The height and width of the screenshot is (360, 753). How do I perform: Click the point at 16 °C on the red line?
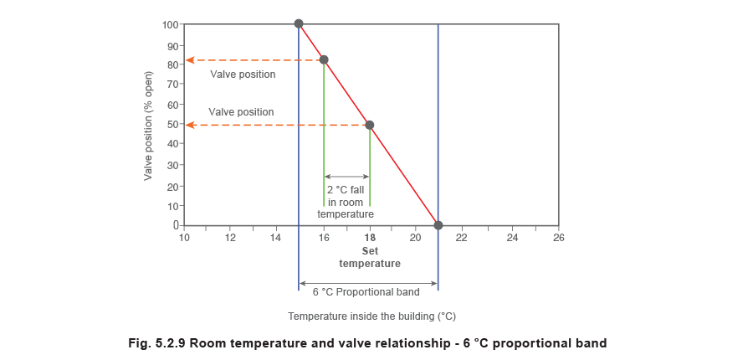(325, 60)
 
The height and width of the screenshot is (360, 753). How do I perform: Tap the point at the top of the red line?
(299, 23)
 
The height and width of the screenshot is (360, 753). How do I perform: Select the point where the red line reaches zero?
(437, 224)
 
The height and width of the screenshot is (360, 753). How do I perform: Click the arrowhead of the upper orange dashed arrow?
(190, 60)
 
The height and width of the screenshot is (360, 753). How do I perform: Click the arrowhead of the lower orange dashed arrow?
(190, 125)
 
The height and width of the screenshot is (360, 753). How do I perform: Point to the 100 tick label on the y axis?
(172, 25)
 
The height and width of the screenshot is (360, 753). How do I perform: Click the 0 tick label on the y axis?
(177, 225)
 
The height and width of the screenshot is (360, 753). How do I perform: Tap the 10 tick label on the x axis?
(185, 237)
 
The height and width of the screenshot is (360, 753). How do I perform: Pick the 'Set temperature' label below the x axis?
(370, 257)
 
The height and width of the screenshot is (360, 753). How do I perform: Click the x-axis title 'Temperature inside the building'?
(373, 316)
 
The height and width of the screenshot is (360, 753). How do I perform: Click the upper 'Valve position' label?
(243, 75)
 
